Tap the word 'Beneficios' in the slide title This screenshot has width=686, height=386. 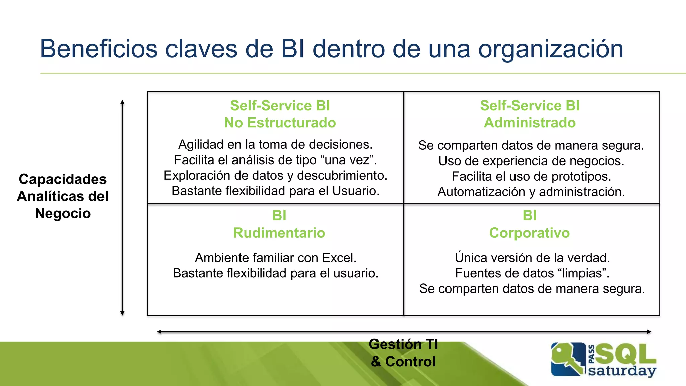tap(98, 49)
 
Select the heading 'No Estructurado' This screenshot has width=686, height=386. tap(280, 123)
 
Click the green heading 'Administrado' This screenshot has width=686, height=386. tap(530, 123)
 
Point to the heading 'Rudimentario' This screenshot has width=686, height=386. tap(279, 233)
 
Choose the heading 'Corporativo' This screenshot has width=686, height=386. tap(529, 233)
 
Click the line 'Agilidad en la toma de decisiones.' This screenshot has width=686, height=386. tap(275, 144)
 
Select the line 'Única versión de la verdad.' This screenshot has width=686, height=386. tap(532, 258)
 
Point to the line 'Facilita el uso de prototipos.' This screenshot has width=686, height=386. tap(531, 176)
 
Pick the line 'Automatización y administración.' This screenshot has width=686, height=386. tap(531, 192)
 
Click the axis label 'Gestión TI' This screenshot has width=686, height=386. tap(403, 344)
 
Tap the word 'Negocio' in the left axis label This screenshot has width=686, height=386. tap(63, 213)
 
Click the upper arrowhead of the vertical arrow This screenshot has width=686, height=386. tap(122, 102)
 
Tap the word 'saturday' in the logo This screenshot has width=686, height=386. tap(622, 371)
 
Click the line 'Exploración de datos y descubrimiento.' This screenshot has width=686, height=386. tap(275, 175)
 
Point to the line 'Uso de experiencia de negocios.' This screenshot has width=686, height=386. tap(531, 161)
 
